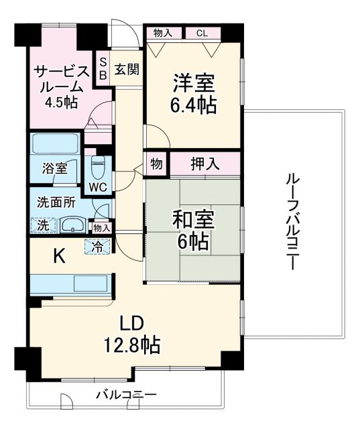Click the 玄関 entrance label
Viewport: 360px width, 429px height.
tap(125, 68)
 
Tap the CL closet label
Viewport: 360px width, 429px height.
tap(202, 32)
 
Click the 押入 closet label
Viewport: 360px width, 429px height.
tap(204, 164)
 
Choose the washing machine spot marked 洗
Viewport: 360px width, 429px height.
tap(42, 225)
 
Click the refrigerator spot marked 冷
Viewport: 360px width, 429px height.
tap(98, 245)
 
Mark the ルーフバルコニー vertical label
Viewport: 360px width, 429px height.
tap(292, 221)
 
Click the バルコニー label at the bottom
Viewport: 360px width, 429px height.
tap(125, 394)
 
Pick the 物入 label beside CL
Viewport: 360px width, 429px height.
tap(163, 32)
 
